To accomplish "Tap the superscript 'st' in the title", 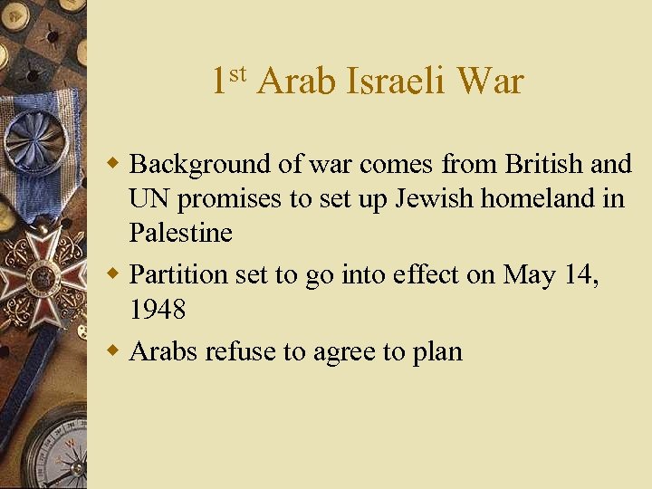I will click(237, 72).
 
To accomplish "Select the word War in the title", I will click(491, 81).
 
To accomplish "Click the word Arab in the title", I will click(295, 81).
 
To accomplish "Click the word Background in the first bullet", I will click(200, 165).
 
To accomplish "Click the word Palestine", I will click(180, 233).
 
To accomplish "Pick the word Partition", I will click(177, 274).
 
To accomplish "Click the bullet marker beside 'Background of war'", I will click(114, 165).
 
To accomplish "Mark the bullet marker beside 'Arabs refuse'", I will click(114, 351).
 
